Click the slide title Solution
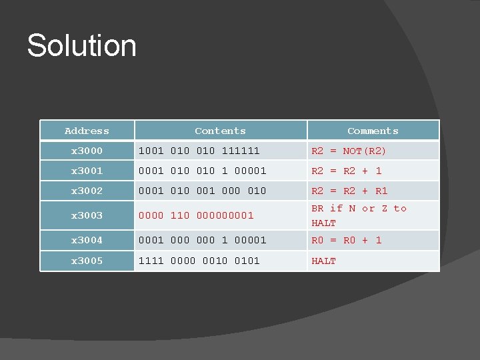tap(81, 46)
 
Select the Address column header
tap(87, 131)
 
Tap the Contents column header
tap(220, 131)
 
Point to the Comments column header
tap(373, 131)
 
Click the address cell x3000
tap(87, 151)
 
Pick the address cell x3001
tap(87, 171)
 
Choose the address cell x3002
tap(87, 191)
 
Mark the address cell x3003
tap(87, 216)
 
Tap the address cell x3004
tap(87, 240)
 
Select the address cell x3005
tap(87, 261)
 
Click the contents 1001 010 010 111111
tap(199, 151)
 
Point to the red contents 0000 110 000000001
tap(196, 216)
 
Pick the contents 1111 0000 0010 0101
tap(199, 261)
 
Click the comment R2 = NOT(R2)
tap(349, 151)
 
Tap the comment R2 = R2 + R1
tap(349, 191)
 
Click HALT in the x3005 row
tap(324, 261)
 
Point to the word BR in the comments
tap(318, 209)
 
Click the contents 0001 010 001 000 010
tap(202, 191)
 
